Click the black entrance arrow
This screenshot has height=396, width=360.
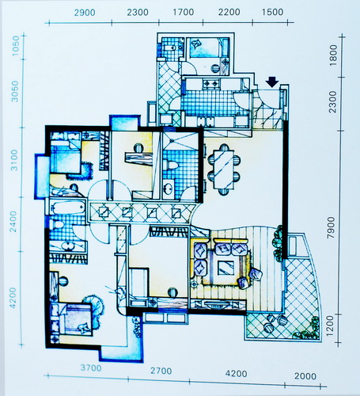tap(272, 82)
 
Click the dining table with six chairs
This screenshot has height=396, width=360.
tap(224, 169)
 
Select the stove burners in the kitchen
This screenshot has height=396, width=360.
tap(210, 84)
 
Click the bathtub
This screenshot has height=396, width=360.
tap(68, 207)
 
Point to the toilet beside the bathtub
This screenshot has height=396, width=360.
tap(57, 225)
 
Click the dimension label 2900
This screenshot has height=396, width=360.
tap(85, 13)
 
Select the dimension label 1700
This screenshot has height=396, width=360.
tap(184, 12)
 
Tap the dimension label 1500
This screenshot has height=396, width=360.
tap(273, 12)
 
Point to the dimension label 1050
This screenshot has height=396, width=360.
tap(16, 45)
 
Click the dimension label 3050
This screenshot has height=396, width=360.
tap(16, 91)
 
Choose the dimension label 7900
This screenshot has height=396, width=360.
tap(331, 227)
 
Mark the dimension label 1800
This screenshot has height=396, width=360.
tap(333, 55)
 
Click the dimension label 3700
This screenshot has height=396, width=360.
tap(91, 367)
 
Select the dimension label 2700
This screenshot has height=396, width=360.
tap(161, 371)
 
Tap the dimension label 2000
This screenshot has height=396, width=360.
tap(305, 376)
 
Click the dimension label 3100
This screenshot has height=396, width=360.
tap(14, 160)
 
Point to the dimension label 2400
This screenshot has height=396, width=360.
tap(13, 221)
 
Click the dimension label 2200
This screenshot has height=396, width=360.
tap(229, 12)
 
